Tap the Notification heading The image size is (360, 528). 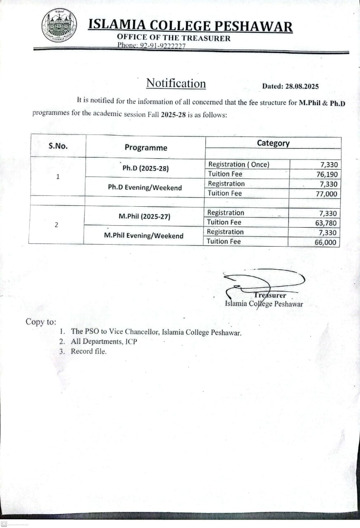pyautogui.click(x=176, y=83)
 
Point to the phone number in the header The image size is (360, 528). pyautogui.click(x=152, y=46)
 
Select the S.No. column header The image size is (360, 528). pyautogui.click(x=58, y=146)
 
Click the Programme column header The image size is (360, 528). pyautogui.click(x=146, y=148)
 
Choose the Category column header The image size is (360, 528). pyautogui.click(x=273, y=143)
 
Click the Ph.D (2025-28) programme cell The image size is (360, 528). pyautogui.click(x=145, y=168)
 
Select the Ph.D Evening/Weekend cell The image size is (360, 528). pyautogui.click(x=145, y=188)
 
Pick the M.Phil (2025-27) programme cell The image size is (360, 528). pyautogui.click(x=144, y=216)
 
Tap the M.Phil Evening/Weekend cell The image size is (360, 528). pyautogui.click(x=144, y=236)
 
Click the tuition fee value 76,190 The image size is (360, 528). pyautogui.click(x=326, y=174)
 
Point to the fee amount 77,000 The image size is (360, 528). pyautogui.click(x=326, y=194)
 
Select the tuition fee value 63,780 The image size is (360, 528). pyautogui.click(x=325, y=223)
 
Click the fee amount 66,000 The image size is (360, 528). pyautogui.click(x=325, y=243)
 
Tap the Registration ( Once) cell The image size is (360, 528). pyautogui.click(x=238, y=164)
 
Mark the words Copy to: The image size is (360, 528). pyautogui.click(x=41, y=322)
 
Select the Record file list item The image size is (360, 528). pyautogui.click(x=88, y=351)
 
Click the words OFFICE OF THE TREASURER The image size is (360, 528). pyautogui.click(x=174, y=38)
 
